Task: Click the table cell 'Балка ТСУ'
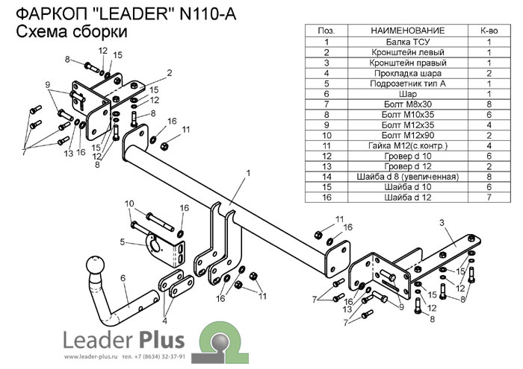[407, 42]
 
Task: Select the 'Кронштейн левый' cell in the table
[407, 53]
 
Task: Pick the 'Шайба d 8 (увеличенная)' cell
[407, 176]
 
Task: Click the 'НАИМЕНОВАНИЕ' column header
[407, 31]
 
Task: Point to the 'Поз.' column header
[327, 31]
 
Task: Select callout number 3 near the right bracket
[442, 222]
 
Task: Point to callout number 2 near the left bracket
[170, 72]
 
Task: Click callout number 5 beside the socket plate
[121, 242]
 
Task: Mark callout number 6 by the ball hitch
[123, 279]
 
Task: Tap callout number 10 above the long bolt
[129, 204]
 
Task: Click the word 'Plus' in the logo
[161, 341]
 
